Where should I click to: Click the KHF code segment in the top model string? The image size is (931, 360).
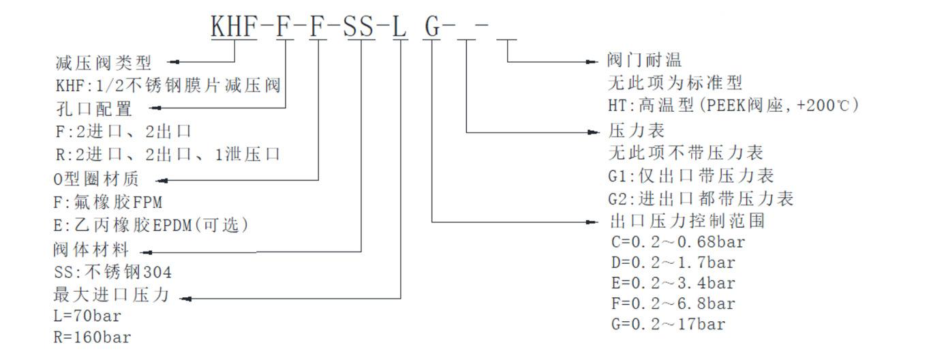point(234,27)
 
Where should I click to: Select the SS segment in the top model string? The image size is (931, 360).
point(358,27)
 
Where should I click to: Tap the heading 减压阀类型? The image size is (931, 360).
point(104,63)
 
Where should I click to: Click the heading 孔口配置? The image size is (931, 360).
point(93,109)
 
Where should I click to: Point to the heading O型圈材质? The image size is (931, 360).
point(96,179)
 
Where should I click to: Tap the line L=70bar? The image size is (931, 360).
point(87,316)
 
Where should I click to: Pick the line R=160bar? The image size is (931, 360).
point(92,337)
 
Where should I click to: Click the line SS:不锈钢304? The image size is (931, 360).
point(112,273)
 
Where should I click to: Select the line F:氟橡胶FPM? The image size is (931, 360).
point(108,202)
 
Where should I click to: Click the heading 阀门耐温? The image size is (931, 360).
point(644,61)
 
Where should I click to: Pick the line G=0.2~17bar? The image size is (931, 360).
point(668,324)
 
